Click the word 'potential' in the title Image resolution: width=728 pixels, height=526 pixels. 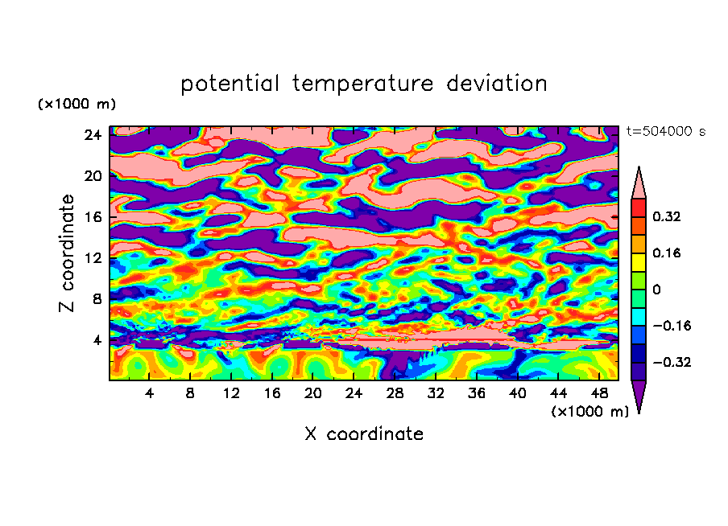point(231,84)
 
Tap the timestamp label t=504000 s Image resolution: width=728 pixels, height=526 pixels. point(665,132)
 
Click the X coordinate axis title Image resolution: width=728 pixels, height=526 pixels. point(364,434)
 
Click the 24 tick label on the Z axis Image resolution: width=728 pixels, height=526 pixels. point(93,135)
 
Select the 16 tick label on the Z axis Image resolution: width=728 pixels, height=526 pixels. point(93,217)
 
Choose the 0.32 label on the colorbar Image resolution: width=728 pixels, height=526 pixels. point(668,216)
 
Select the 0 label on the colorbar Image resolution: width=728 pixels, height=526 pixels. point(656,290)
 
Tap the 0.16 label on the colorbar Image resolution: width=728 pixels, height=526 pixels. point(668,253)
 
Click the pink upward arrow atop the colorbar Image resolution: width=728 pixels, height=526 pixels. point(639,184)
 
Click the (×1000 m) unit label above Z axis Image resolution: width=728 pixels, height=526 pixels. point(77,105)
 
